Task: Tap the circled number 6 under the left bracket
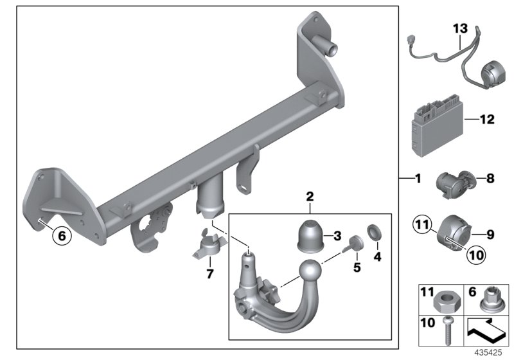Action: coord(62,236)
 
